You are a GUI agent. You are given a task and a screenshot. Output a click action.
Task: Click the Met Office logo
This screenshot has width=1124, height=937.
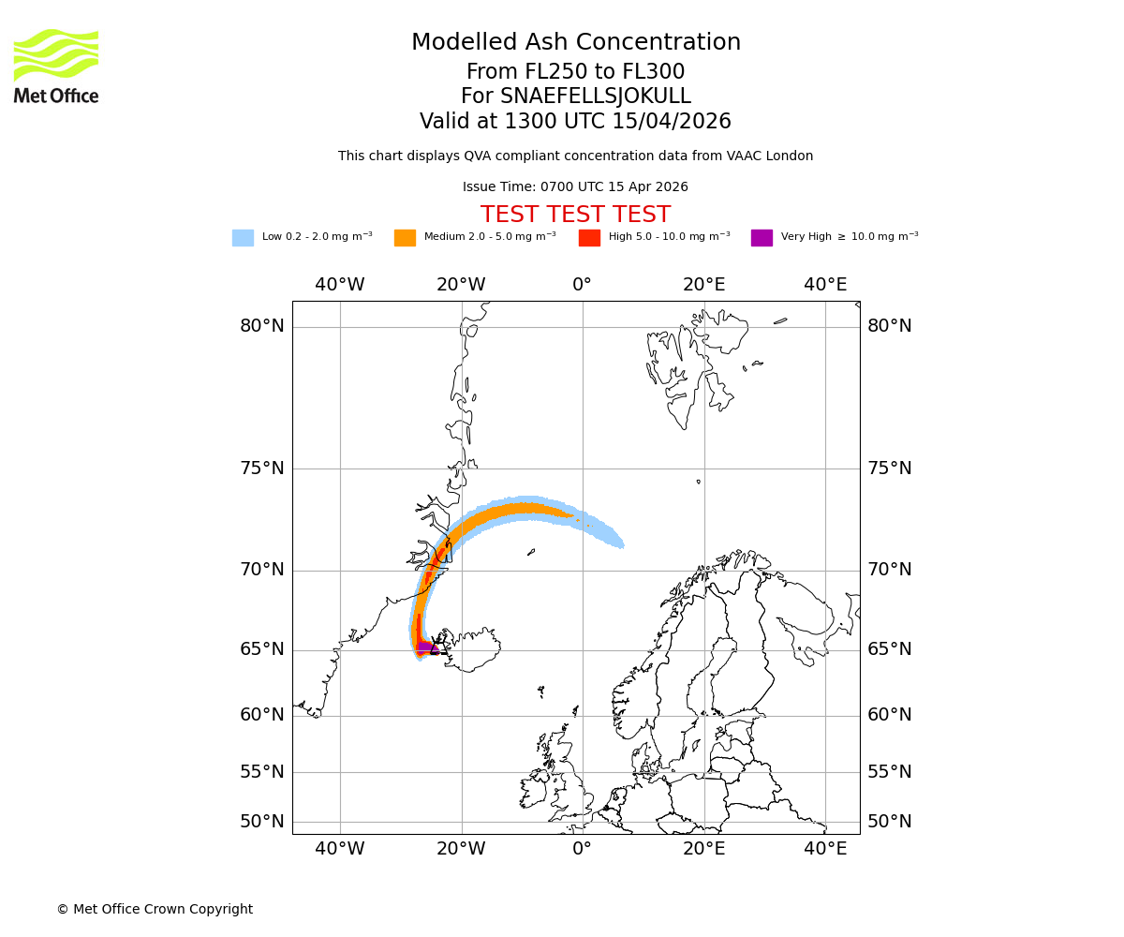click(56, 66)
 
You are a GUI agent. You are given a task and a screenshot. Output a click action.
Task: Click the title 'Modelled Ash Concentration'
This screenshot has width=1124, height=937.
click(576, 43)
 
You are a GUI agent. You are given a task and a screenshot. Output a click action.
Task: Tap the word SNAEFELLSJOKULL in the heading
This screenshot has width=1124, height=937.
click(597, 97)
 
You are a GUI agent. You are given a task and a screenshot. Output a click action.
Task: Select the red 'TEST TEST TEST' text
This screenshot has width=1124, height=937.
click(575, 215)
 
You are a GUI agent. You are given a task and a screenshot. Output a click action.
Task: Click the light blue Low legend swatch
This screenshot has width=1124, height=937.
click(243, 238)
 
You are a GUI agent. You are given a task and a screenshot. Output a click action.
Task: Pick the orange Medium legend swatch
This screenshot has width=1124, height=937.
click(405, 238)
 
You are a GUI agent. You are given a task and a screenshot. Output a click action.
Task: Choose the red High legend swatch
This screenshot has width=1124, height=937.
click(589, 238)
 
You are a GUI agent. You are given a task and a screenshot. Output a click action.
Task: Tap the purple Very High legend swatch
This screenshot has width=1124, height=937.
click(762, 238)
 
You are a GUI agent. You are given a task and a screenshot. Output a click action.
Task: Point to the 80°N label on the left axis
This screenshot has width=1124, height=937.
click(261, 326)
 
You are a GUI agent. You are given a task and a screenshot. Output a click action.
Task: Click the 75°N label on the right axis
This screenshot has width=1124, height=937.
click(889, 468)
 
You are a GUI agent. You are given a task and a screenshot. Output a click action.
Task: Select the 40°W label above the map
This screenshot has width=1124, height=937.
click(339, 285)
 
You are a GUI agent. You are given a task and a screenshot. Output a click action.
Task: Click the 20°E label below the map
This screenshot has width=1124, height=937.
click(703, 849)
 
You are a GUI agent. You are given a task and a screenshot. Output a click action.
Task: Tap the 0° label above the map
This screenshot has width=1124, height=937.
click(582, 285)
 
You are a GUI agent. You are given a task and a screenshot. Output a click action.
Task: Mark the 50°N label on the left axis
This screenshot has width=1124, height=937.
click(261, 822)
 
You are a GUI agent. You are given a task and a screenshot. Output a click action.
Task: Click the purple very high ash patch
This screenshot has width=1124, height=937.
click(427, 647)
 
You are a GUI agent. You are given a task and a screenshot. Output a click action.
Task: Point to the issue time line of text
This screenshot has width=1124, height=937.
click(575, 187)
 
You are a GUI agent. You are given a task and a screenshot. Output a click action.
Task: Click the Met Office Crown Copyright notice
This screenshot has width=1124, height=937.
click(155, 909)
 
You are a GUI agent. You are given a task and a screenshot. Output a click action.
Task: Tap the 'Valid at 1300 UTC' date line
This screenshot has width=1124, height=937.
click(575, 122)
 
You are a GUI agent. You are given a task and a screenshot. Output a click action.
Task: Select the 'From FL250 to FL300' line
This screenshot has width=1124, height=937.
click(575, 72)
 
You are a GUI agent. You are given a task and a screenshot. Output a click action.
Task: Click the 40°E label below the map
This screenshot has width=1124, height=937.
click(825, 849)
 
